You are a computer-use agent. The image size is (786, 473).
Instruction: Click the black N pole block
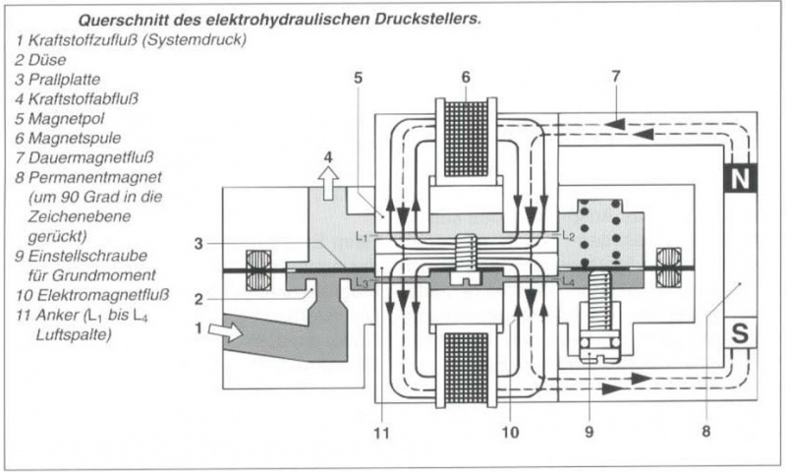click(x=740, y=178)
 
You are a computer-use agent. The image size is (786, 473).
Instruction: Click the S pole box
click(x=740, y=333)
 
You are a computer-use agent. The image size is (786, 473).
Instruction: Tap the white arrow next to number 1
click(x=225, y=332)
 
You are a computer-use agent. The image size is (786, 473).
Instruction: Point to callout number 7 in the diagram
click(x=616, y=76)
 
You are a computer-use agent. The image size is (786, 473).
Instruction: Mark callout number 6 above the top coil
click(x=466, y=76)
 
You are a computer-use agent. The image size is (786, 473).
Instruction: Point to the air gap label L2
click(x=568, y=236)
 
